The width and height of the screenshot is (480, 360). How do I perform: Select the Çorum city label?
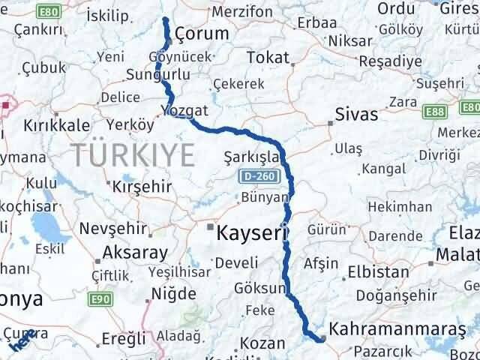[x=201, y=34]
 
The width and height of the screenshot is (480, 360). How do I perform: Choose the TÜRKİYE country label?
[x=134, y=156]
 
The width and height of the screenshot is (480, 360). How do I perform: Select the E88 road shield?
[x=433, y=111]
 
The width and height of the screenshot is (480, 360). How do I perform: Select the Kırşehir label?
[x=142, y=185]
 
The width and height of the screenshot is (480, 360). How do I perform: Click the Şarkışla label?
[x=251, y=157]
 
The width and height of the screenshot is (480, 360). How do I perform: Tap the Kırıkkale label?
[x=57, y=125]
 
